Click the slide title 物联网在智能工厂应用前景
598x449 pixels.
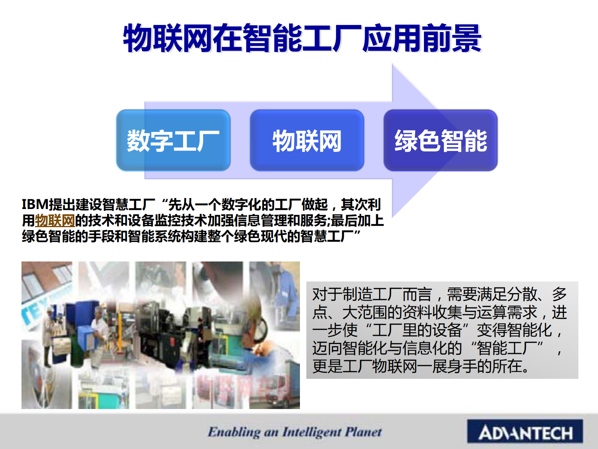pyautogui.click(x=302, y=38)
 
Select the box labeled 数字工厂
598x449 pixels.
pyautogui.click(x=173, y=140)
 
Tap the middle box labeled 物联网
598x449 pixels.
pyautogui.click(x=307, y=140)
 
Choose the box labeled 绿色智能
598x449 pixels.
pyautogui.click(x=440, y=140)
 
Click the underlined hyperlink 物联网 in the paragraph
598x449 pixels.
pyautogui.click(x=55, y=220)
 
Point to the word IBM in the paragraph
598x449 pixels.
pyautogui.click(x=35, y=205)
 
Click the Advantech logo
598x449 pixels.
pyautogui.click(x=525, y=432)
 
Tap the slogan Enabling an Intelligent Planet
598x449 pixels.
pyautogui.click(x=295, y=432)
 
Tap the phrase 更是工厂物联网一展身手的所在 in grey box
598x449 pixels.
pyautogui.click(x=420, y=366)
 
